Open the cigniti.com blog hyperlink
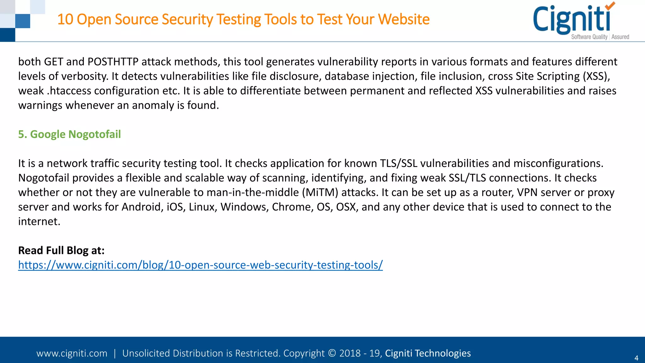click(200, 265)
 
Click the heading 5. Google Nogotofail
click(69, 134)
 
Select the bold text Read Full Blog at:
click(61, 251)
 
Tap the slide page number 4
click(636, 358)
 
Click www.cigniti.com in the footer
click(72, 353)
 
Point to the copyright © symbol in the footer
click(332, 353)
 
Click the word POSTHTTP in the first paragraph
click(113, 62)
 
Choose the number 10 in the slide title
click(65, 19)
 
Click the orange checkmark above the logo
click(610, 6)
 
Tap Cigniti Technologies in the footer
click(428, 353)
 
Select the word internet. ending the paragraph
click(39, 222)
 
